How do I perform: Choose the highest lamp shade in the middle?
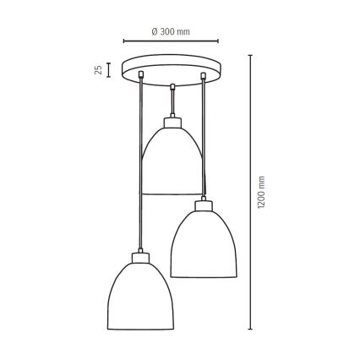(x=172, y=161)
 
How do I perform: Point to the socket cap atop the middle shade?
(x=172, y=123)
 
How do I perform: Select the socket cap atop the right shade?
(x=202, y=205)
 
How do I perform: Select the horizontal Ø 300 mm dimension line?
(x=172, y=40)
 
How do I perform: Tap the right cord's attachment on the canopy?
(x=203, y=78)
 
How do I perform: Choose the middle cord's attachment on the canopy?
(x=172, y=85)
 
